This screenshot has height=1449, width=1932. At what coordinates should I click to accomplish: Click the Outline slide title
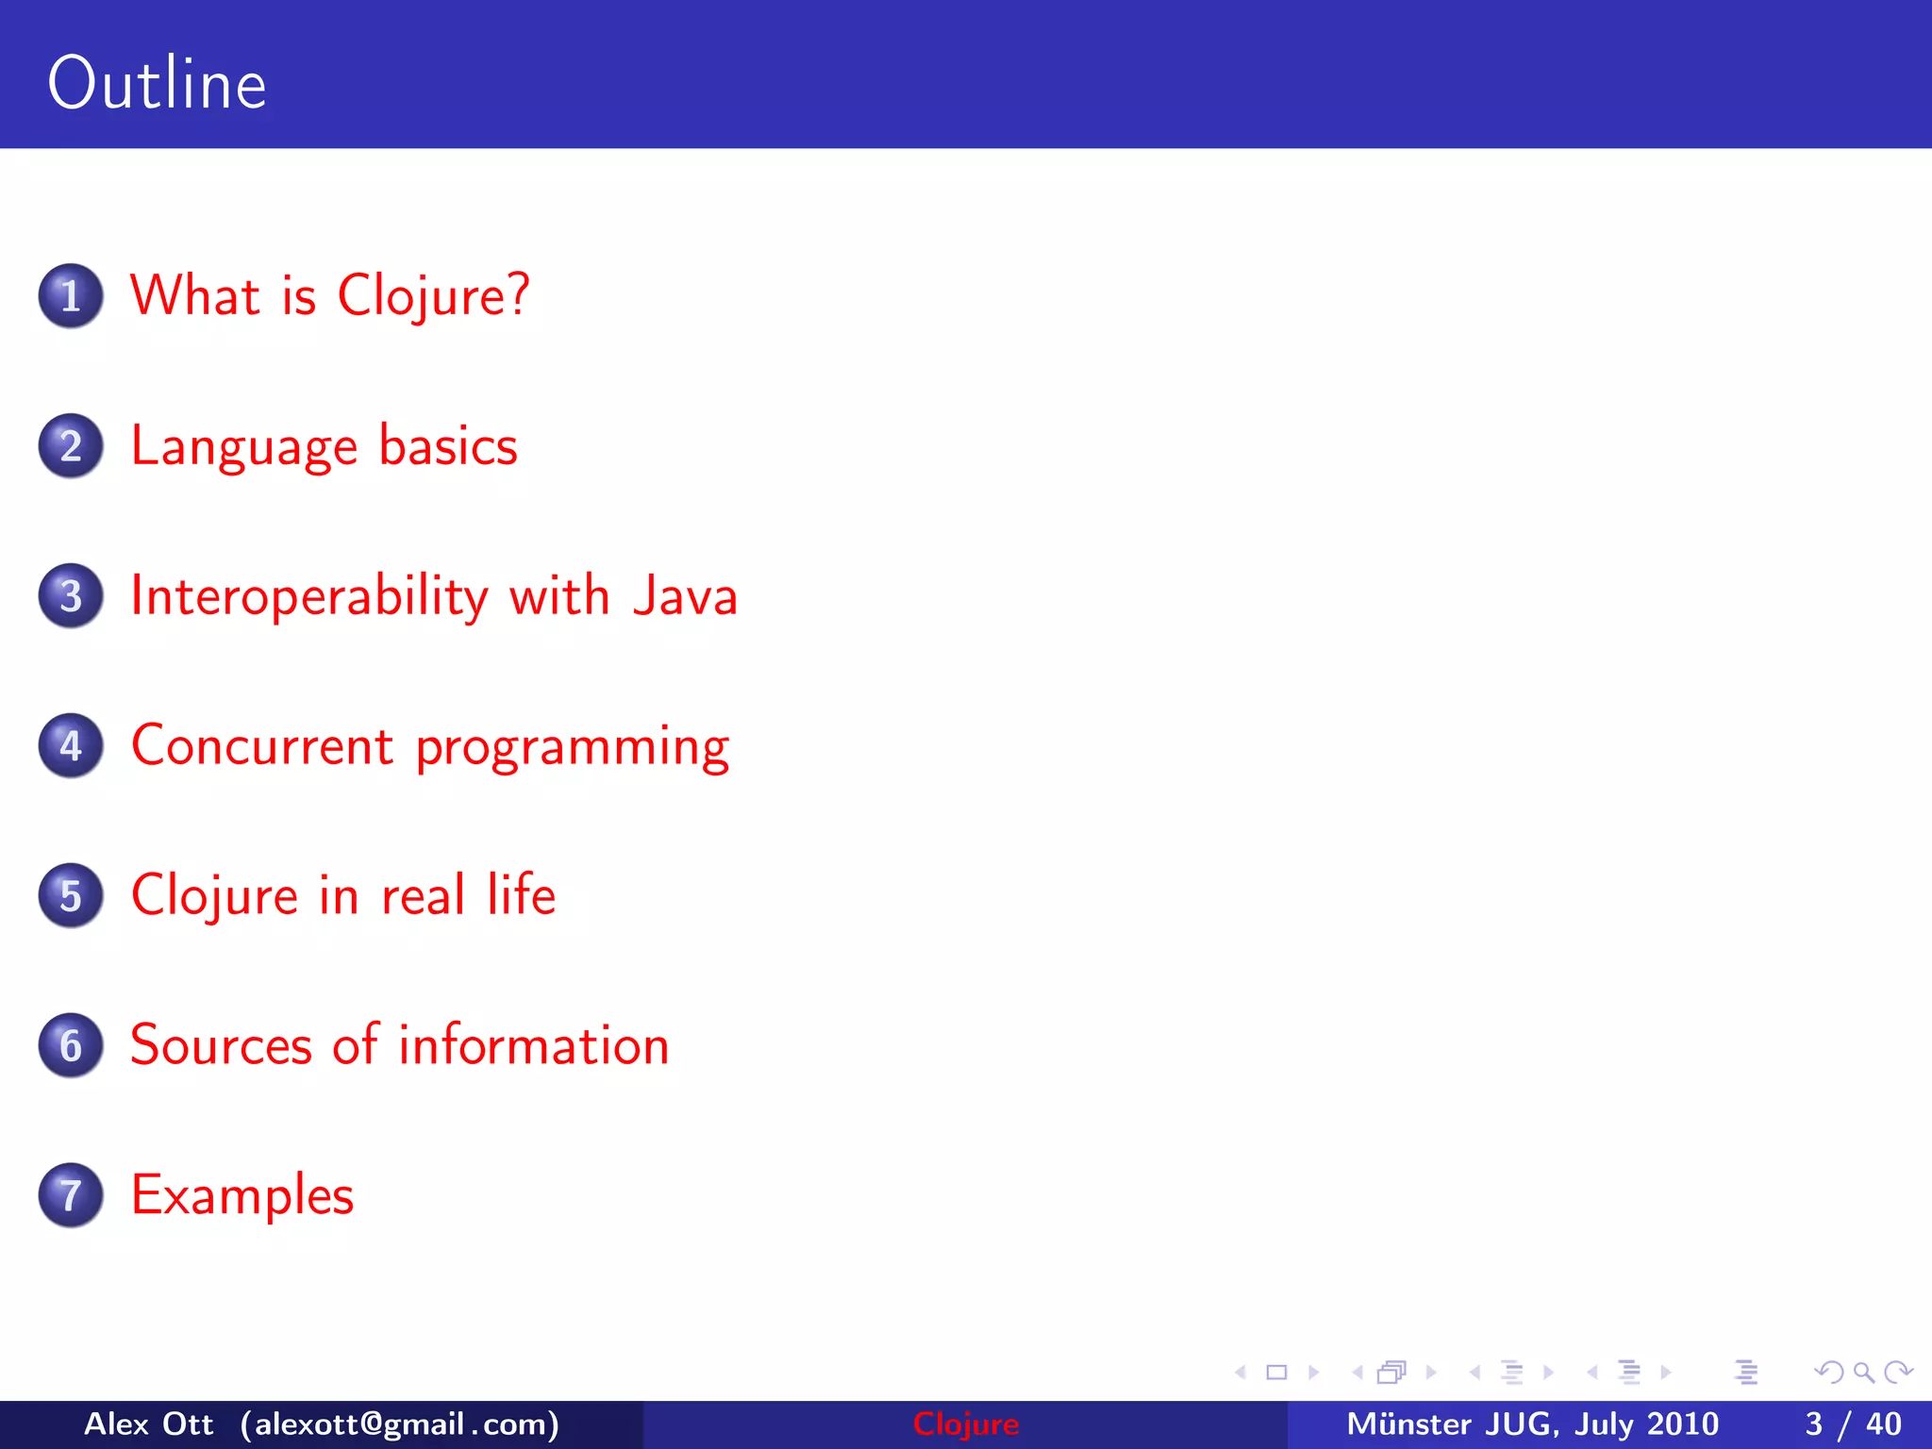pyautogui.click(x=157, y=84)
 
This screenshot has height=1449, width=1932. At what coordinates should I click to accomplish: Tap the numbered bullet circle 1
pyautogui.click(x=71, y=296)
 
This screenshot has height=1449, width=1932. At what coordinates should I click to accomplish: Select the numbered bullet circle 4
pyautogui.click(x=71, y=746)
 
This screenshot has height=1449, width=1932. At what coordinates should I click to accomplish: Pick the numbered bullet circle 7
pyautogui.click(x=71, y=1195)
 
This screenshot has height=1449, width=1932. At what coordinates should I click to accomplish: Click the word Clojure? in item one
pyautogui.click(x=433, y=296)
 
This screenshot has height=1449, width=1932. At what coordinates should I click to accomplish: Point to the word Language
pyautogui.click(x=243, y=446)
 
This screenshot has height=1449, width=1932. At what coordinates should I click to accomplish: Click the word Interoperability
pyautogui.click(x=309, y=596)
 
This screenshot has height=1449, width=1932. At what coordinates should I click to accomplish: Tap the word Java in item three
pyautogui.click(x=684, y=596)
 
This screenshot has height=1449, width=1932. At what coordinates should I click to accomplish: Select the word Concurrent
pyautogui.click(x=261, y=746)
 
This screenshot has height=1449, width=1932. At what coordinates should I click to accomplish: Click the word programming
pyautogui.click(x=573, y=748)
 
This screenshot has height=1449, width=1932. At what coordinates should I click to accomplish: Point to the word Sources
pyautogui.click(x=221, y=1045)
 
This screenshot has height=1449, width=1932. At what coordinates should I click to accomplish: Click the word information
pyautogui.click(x=534, y=1045)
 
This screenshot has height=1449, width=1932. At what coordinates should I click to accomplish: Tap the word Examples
pyautogui.click(x=242, y=1196)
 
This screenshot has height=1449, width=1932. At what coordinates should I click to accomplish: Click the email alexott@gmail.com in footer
pyautogui.click(x=400, y=1424)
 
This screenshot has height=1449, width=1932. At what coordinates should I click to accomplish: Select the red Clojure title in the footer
pyautogui.click(x=966, y=1424)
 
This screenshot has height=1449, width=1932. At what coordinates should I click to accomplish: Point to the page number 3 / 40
pyautogui.click(x=1853, y=1424)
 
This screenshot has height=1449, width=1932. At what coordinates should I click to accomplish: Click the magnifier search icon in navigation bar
pyautogui.click(x=1863, y=1373)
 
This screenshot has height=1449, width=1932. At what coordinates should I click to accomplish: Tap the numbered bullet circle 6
pyautogui.click(x=71, y=1046)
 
